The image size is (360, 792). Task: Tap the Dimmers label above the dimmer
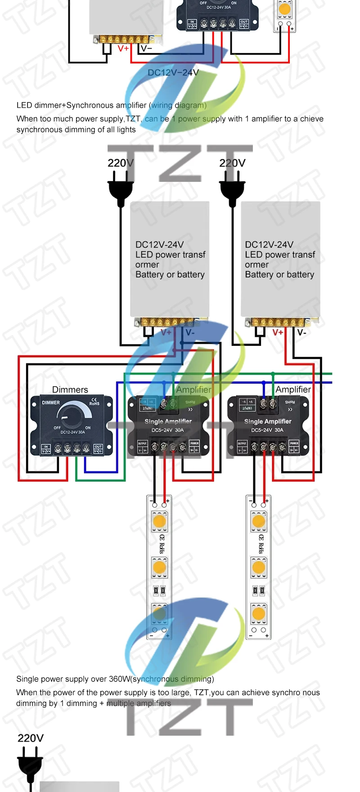point(70,389)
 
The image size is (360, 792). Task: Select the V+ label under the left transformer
point(166,332)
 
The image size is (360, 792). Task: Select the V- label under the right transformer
point(301,332)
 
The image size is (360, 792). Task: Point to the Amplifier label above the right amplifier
point(293,389)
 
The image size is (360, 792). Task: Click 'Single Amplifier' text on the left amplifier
point(168,421)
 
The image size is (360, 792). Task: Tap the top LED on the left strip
point(159,522)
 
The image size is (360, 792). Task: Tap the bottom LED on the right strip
point(259,613)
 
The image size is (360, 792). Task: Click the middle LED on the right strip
point(259,567)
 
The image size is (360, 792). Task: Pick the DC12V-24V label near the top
point(173,72)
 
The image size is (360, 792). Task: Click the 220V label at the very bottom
point(31,738)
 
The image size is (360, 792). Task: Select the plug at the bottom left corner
point(30,765)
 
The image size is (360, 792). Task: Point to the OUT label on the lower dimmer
point(98,447)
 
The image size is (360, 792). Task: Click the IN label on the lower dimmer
point(46,447)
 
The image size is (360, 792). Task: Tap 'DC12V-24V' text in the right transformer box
point(269,244)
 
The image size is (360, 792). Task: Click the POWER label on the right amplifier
point(294,443)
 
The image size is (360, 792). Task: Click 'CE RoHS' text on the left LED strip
point(162,544)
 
